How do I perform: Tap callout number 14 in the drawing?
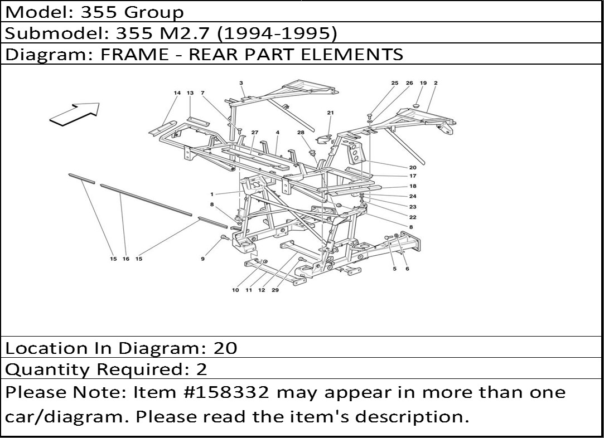[177, 93]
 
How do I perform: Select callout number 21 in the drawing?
[330, 113]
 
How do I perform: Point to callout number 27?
[254, 132]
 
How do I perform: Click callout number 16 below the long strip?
[126, 259]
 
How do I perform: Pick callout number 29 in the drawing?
[276, 290]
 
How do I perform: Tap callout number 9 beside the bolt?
[203, 259]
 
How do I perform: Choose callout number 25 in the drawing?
[395, 83]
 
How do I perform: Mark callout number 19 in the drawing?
[423, 83]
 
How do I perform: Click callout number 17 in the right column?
[413, 176]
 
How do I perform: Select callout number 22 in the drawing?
[413, 217]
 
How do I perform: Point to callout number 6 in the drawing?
[407, 269]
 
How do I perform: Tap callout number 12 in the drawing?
[261, 290]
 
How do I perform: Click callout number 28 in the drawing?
[301, 132]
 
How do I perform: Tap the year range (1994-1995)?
[277, 33]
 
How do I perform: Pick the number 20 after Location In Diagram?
[225, 348]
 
